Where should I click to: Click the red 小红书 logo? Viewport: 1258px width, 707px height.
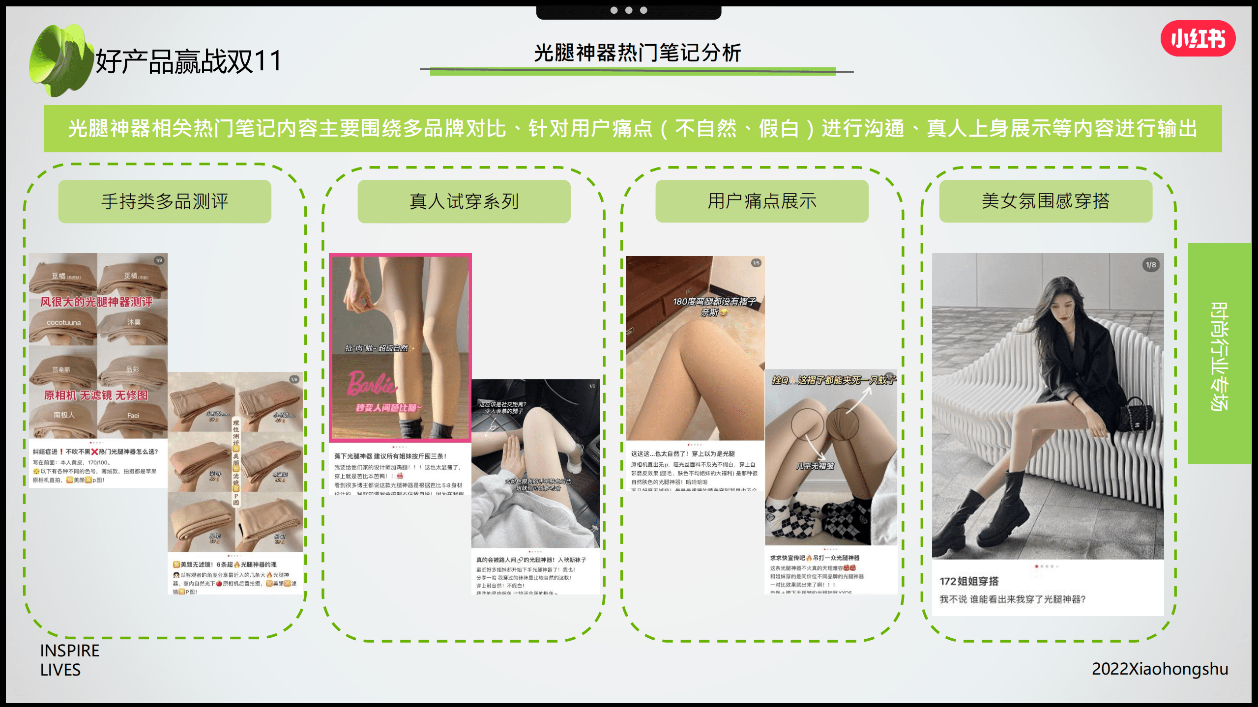point(1198,38)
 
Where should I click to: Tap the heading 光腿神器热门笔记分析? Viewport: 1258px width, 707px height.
point(637,53)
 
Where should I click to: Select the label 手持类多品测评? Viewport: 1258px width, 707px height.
point(165,201)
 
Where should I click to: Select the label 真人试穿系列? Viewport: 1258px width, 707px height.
point(464,201)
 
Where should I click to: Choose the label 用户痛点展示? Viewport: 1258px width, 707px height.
point(761,201)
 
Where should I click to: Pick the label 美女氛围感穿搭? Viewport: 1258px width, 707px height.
point(1045,201)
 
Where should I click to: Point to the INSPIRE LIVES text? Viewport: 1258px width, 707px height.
point(69,660)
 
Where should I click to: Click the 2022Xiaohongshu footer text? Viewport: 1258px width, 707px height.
point(1160,669)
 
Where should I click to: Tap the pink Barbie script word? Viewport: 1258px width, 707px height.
point(372,384)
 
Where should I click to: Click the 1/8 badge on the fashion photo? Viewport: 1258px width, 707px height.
point(1151,265)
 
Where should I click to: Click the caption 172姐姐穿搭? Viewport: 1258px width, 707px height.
point(969,581)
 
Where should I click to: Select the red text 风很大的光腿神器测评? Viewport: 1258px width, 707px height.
point(96,302)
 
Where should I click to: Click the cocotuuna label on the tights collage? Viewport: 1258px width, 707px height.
point(64,323)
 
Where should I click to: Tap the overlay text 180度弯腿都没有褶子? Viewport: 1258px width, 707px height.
point(714,302)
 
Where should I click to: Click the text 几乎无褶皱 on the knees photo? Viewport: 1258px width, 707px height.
point(815,466)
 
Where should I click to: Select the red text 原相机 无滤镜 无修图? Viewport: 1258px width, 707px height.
point(95,395)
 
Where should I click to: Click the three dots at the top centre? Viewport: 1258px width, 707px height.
point(628,10)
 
